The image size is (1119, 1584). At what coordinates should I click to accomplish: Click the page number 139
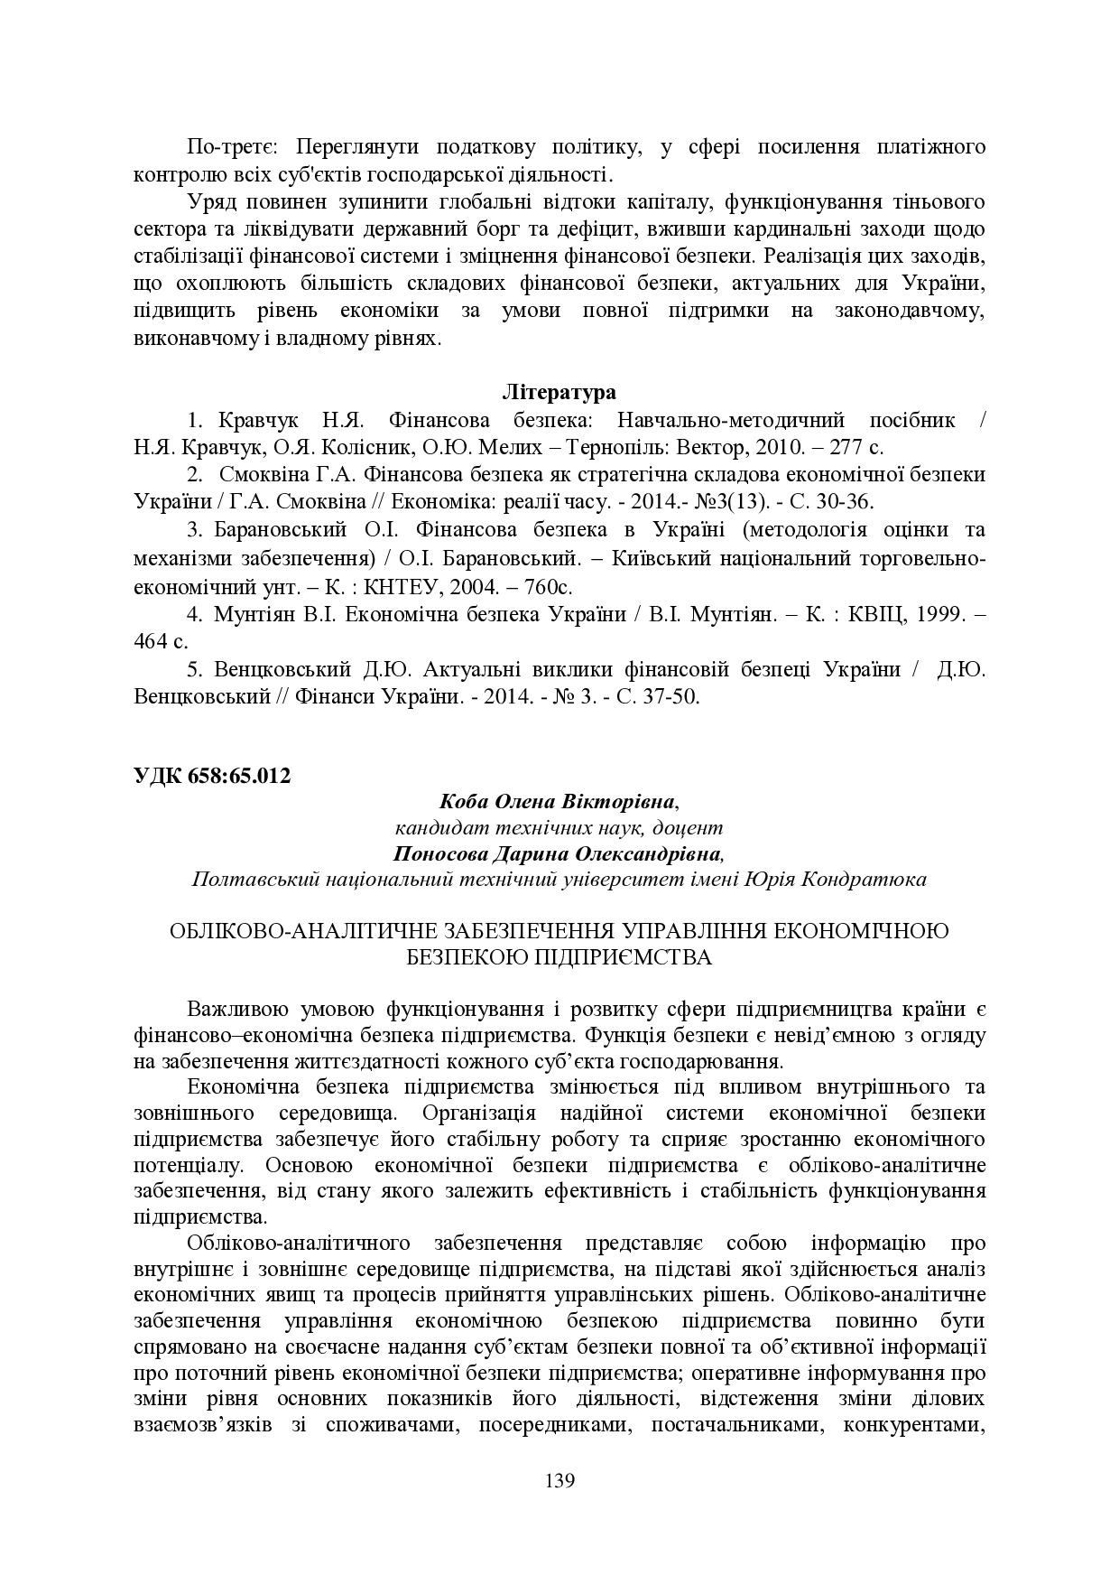click(x=559, y=1481)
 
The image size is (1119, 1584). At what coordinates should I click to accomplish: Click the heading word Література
click(x=559, y=393)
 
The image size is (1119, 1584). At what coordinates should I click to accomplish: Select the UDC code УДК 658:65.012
click(x=212, y=775)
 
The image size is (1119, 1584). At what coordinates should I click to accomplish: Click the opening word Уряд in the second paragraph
click(x=211, y=200)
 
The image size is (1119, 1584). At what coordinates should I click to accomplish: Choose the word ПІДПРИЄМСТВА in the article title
click(x=626, y=957)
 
